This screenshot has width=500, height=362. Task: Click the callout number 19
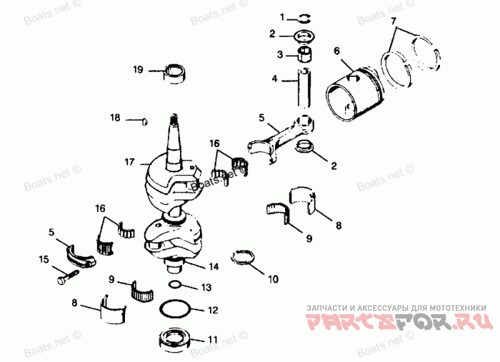138,70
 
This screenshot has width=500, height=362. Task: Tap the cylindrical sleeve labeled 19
174,73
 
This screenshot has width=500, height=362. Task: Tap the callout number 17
129,162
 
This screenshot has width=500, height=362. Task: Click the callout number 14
214,267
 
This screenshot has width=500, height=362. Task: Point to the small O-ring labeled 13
176,286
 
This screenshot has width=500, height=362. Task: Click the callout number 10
273,280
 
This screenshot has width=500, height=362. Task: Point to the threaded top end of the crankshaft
174,119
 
